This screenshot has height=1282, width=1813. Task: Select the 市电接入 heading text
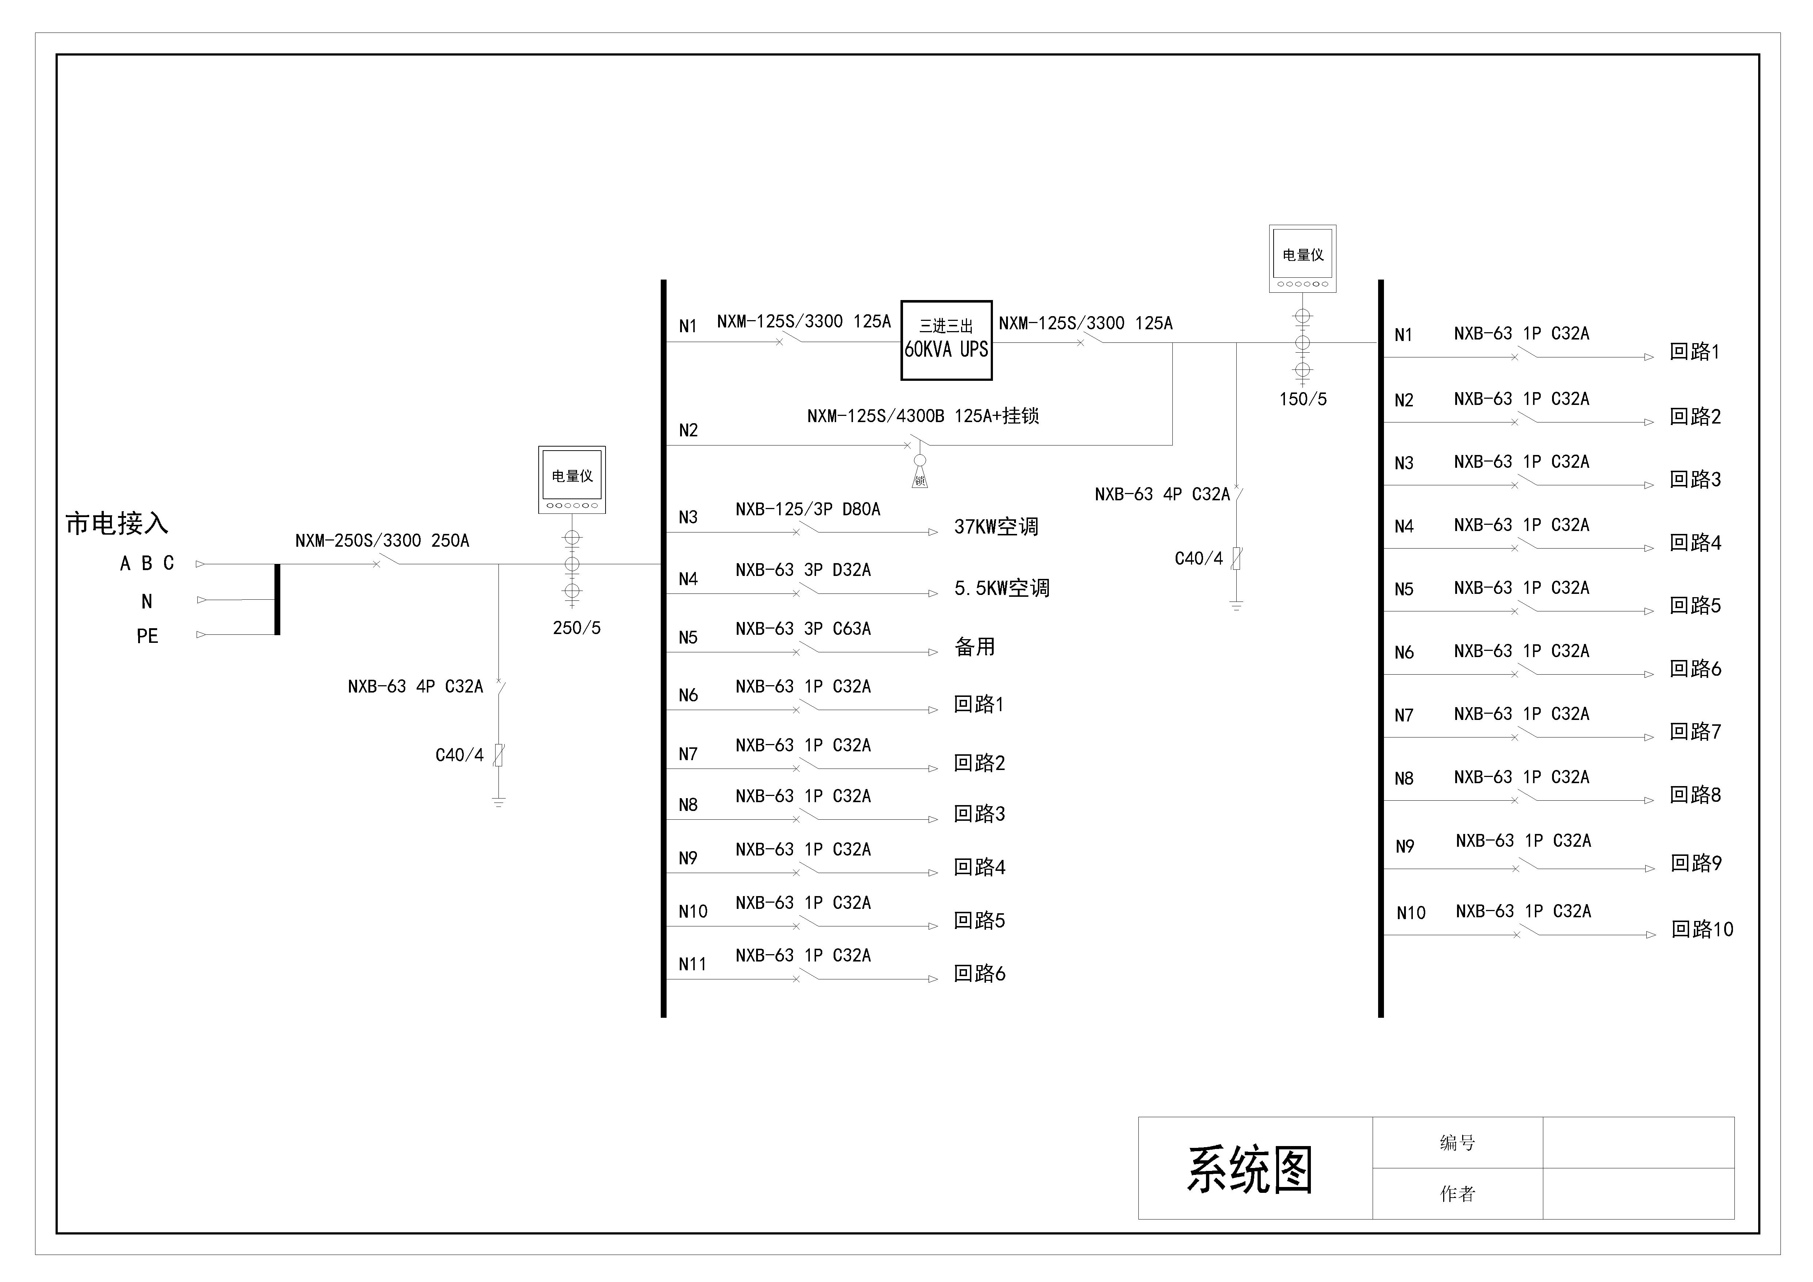coord(117,523)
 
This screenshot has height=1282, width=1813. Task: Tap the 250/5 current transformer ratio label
coord(576,628)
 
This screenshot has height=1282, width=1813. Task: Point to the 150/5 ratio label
coord(1303,399)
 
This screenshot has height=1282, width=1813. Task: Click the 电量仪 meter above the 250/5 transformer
coord(572,479)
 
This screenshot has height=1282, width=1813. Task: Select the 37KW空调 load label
coord(996,527)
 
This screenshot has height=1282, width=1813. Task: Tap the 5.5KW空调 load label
coord(1001,588)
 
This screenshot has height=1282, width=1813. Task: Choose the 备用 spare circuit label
coord(974,647)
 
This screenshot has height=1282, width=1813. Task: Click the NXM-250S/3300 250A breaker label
coord(382,541)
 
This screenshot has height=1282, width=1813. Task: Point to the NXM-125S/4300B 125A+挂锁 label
coord(922,416)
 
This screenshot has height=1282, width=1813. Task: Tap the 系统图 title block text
coord(1250,1170)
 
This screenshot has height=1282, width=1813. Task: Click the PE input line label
coord(147,636)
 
